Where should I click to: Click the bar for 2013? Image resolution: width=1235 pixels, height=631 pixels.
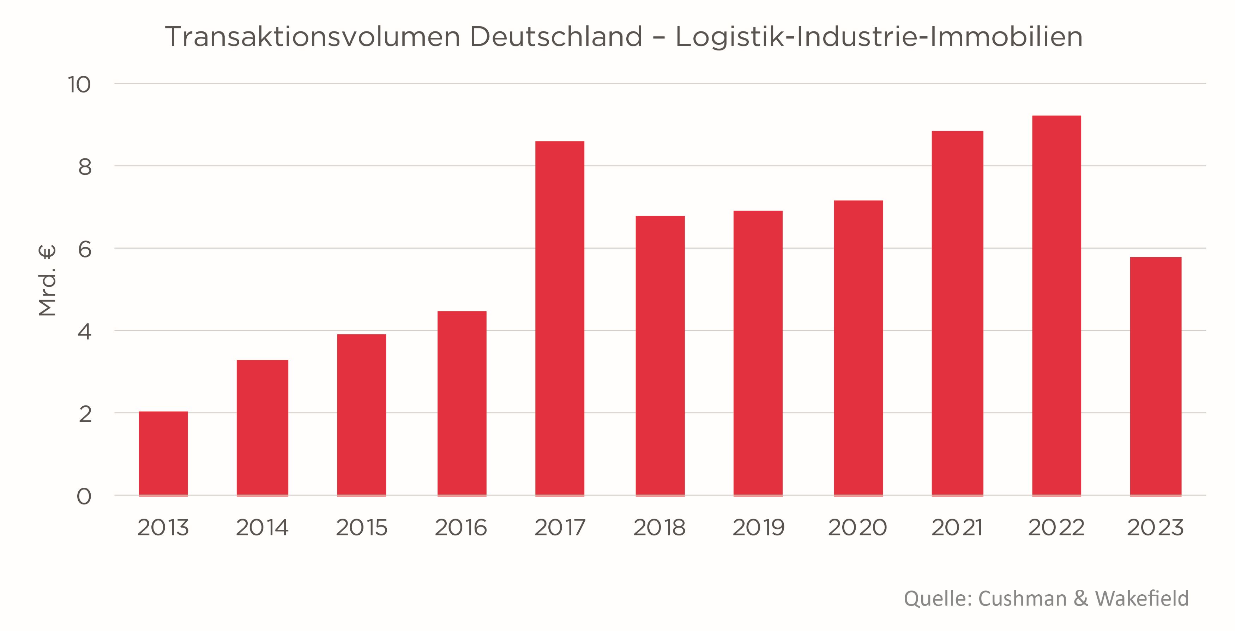(x=163, y=453)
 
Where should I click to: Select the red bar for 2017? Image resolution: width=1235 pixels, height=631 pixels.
(x=560, y=318)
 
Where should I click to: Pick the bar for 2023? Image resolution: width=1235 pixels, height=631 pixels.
(x=1155, y=376)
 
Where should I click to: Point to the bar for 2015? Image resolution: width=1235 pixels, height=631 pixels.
(x=361, y=414)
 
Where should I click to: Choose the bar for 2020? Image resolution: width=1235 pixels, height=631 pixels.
(x=858, y=348)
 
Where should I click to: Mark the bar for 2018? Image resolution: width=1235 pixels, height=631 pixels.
(x=660, y=356)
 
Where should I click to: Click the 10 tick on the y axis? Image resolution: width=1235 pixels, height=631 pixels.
(x=79, y=85)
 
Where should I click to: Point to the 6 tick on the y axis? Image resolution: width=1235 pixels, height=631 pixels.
(x=84, y=249)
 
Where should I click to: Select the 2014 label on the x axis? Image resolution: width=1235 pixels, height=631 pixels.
(x=262, y=528)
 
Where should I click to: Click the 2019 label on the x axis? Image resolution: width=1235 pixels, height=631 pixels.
(x=758, y=528)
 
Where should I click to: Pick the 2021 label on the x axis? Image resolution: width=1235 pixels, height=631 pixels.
(x=957, y=528)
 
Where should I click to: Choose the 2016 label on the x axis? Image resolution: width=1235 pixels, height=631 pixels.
(x=461, y=528)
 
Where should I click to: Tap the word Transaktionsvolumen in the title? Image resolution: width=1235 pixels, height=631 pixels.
(x=313, y=37)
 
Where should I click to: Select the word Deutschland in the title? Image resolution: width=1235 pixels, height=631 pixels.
(x=556, y=37)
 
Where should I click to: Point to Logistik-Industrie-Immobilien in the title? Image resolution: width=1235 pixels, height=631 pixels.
(x=879, y=37)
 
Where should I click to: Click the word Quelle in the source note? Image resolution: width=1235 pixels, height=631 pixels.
(x=937, y=599)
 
